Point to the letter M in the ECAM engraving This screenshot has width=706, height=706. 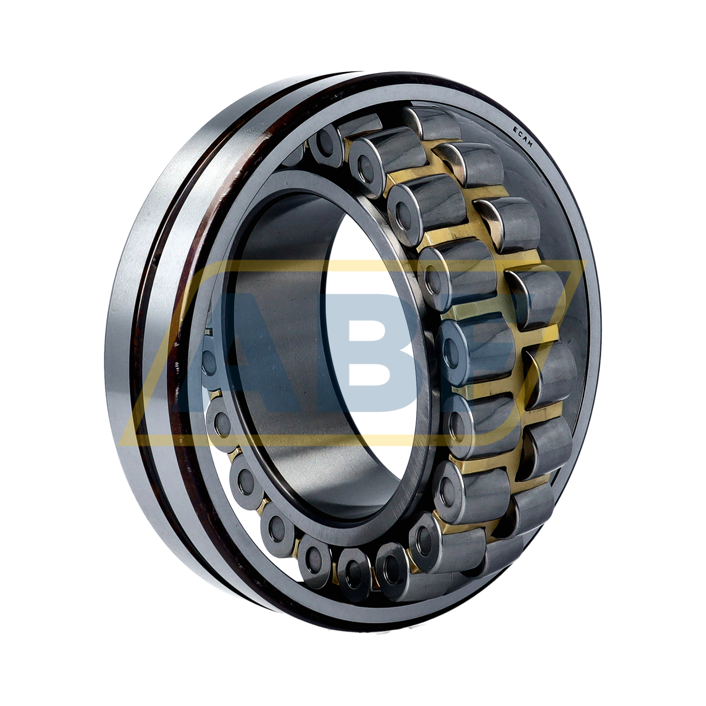[x=529, y=144]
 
